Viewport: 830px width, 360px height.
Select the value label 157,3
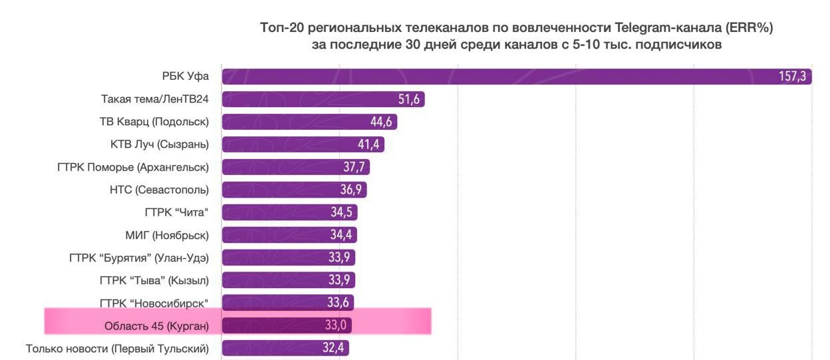click(792, 77)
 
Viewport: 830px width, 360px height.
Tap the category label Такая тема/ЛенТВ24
click(151, 99)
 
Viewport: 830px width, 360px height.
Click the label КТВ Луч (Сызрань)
click(160, 144)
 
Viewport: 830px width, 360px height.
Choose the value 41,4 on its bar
click(367, 144)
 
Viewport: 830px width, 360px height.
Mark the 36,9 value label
click(350, 190)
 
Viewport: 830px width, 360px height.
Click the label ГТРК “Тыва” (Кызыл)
click(157, 280)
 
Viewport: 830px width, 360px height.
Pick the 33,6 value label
click(339, 303)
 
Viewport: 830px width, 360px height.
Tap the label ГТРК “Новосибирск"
click(154, 303)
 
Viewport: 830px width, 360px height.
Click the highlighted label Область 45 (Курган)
click(156, 325)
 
